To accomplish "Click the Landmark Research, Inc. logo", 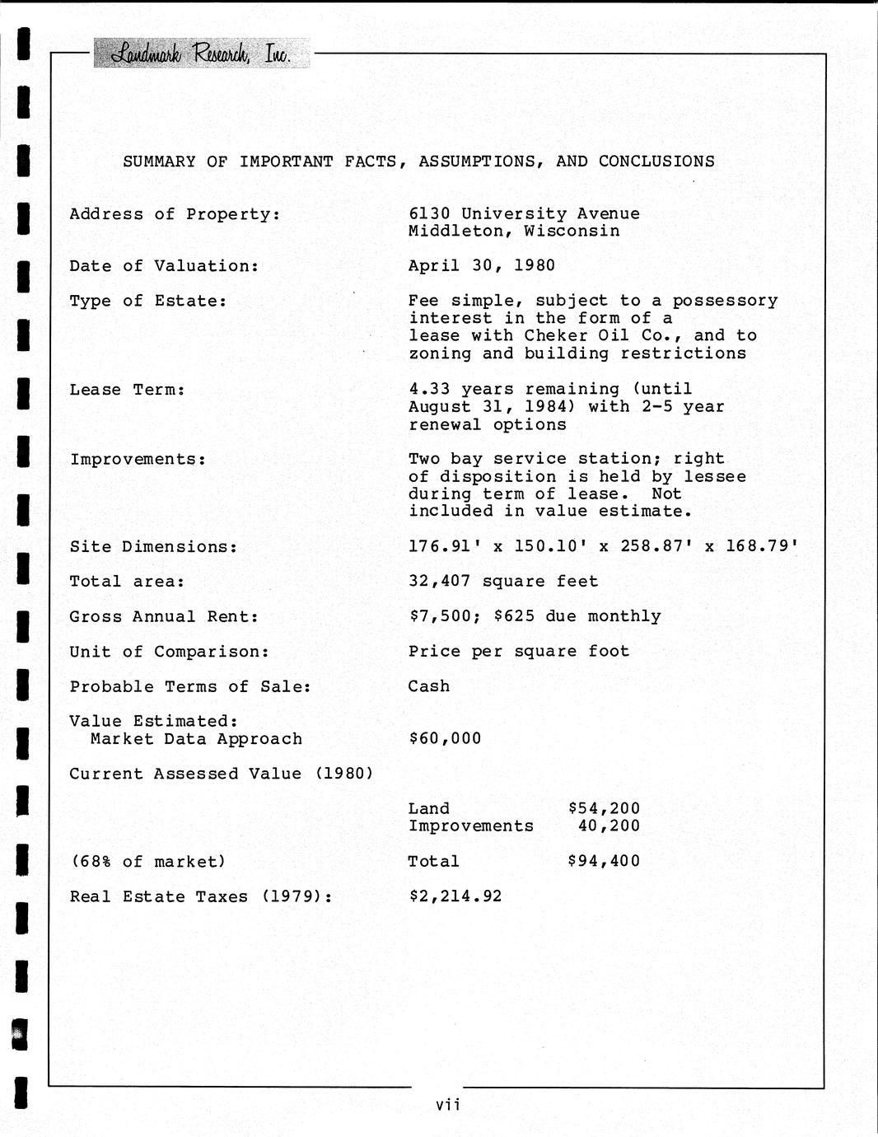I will pos(201,54).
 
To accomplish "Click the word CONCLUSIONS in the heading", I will pos(656,161).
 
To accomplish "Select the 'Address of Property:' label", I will pos(175,214).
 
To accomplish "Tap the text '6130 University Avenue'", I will pos(524,213).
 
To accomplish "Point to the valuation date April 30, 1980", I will pos(481,265).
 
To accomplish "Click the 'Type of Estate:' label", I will pos(148,301).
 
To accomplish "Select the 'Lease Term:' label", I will pos(128,390).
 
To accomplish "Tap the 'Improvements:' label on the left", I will pos(138,459).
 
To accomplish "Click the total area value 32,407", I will pos(440,581).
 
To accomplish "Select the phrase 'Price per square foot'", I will pos(518,651).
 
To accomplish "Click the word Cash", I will pos(429,686).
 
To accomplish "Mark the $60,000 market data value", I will pos(445,738).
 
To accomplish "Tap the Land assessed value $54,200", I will pos(604,808).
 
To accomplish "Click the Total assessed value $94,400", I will pos(604,861).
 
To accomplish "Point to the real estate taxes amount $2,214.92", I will pos(455,896).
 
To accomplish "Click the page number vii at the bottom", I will pos(448,1105).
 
